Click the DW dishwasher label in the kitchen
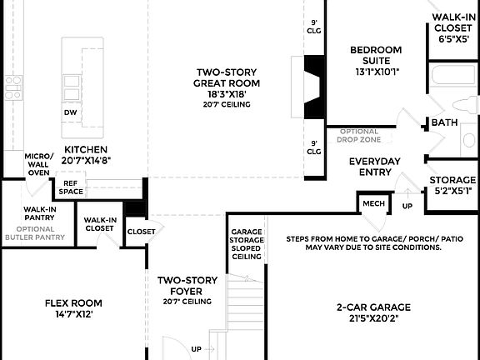[x=70, y=112]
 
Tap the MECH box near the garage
[x=370, y=203]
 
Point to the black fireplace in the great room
[x=314, y=86]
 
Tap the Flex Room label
[x=73, y=309]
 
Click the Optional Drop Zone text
[x=357, y=136]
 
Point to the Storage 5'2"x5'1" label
[x=452, y=185]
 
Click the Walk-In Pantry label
[x=39, y=214]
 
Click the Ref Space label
[x=70, y=187]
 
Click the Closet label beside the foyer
[x=141, y=232]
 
